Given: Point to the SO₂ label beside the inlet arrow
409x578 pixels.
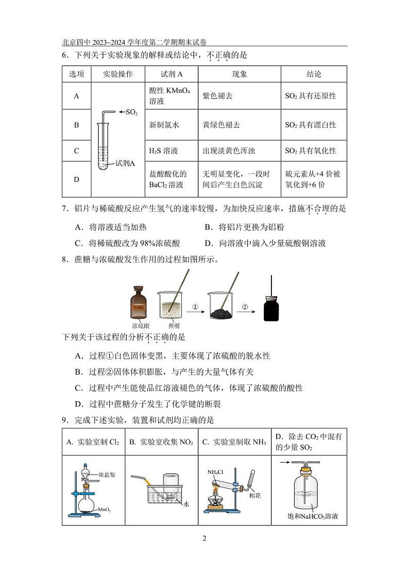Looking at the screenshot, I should point(131,112).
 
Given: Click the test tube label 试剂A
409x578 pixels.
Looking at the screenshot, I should point(125,163).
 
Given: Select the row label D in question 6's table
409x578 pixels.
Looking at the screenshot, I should point(76,179).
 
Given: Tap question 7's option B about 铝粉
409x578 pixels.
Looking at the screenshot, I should point(244,227).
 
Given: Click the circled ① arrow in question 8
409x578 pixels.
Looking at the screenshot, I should point(195,307).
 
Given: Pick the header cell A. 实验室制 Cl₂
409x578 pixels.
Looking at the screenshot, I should point(93,442).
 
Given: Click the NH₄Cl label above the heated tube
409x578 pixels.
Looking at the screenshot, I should point(214,472).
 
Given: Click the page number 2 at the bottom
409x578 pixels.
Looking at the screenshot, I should point(204,538).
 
